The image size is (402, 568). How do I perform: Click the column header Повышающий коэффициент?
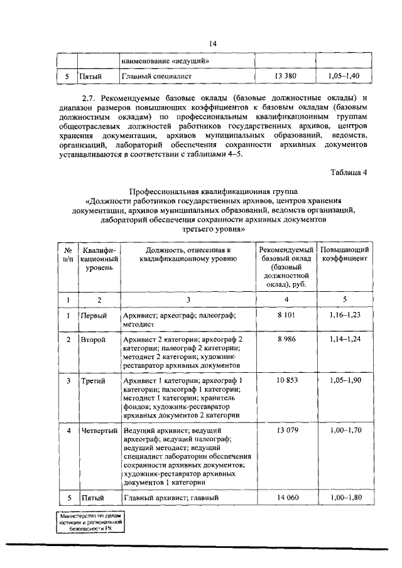(345, 255)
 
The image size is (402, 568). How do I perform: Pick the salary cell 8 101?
(285, 315)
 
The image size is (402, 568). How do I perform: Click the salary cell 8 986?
(285, 339)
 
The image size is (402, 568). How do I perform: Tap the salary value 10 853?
(285, 380)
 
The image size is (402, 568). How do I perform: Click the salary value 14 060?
(285, 498)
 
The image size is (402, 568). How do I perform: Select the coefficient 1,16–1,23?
(345, 315)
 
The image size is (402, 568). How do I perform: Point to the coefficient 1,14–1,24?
(345, 339)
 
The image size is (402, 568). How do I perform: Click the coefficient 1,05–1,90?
(345, 380)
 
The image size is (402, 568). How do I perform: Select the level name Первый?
(94, 315)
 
